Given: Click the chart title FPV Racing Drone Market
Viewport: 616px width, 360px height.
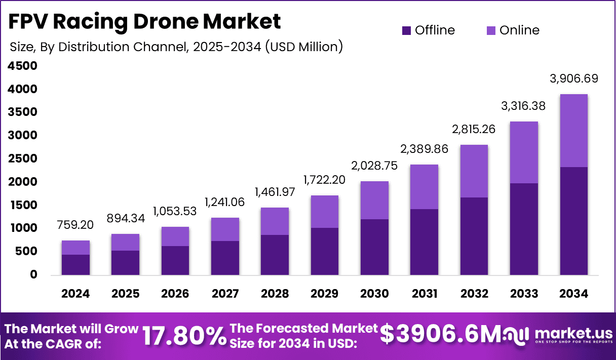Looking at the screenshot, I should (145, 22).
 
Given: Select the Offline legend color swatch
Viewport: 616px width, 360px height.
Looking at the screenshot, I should (407, 30).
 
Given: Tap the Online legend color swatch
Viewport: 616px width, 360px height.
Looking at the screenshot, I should (491, 30).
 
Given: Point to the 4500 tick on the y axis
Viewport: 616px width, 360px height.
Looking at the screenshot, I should (22, 66).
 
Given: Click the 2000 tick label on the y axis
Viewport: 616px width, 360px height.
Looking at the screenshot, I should (22, 182).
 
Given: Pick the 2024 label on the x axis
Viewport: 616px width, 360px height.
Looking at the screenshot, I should (75, 294).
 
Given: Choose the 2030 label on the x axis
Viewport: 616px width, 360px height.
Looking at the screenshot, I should (374, 294).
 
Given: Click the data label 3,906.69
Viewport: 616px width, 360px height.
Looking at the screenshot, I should (574, 79).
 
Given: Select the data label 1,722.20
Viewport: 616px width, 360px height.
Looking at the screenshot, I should (324, 180).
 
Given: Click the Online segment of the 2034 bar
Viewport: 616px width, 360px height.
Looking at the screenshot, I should (573, 131).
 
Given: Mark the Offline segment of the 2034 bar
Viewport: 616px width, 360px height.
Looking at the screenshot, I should (573, 221).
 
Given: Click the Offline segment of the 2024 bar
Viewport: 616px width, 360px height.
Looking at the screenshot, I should (75, 264).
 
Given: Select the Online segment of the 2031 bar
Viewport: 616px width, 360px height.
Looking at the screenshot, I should (424, 187).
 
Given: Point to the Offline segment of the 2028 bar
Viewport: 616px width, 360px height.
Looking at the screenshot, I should (275, 255).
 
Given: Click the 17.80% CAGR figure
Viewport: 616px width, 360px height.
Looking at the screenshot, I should (183, 336).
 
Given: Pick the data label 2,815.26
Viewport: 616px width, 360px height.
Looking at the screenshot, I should (474, 130).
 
